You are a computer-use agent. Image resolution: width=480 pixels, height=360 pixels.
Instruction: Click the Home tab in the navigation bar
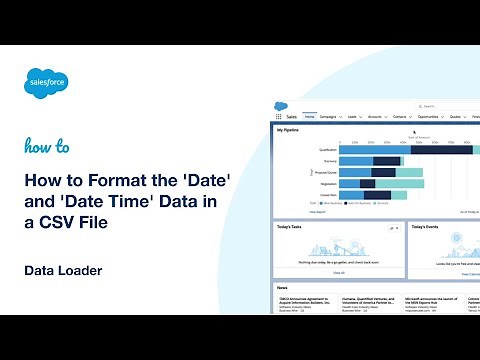310,117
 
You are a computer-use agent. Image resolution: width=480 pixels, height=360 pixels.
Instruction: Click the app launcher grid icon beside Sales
279,117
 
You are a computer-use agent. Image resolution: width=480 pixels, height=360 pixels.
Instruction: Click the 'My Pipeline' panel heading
288,129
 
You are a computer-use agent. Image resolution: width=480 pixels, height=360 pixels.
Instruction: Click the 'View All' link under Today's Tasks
340,272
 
